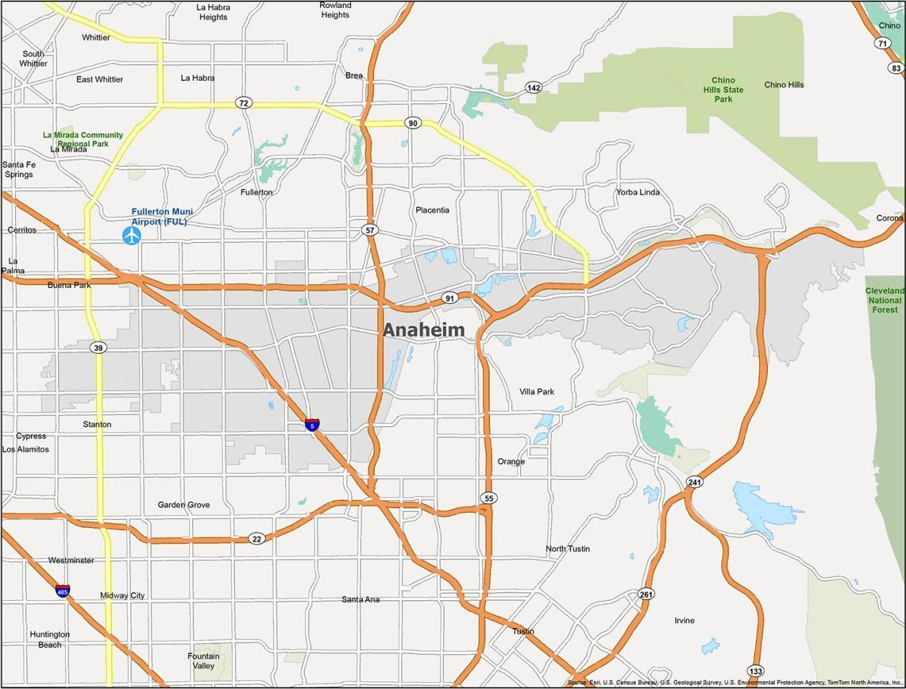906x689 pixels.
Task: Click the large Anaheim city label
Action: [423, 330]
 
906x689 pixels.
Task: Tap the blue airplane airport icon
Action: [132, 235]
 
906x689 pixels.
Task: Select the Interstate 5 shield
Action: [312, 425]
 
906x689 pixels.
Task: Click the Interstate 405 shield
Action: [63, 592]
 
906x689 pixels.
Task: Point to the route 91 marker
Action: [449, 298]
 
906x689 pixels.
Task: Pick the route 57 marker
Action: [370, 231]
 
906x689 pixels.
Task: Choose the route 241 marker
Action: [694, 482]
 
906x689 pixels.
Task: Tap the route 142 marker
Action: [533, 87]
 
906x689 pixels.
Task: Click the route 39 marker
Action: [98, 347]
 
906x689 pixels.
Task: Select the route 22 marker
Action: [257, 539]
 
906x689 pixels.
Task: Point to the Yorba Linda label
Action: [638, 192]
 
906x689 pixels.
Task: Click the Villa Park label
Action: [536, 392]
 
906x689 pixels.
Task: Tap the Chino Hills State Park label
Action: [723, 90]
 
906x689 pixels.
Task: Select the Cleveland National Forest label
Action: [885, 300]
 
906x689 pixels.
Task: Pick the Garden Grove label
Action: [184, 505]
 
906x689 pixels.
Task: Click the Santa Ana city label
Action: [360, 599]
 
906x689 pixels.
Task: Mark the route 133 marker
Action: [756, 671]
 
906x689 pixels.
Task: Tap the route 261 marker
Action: [646, 594]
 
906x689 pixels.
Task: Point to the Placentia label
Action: [433, 210]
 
